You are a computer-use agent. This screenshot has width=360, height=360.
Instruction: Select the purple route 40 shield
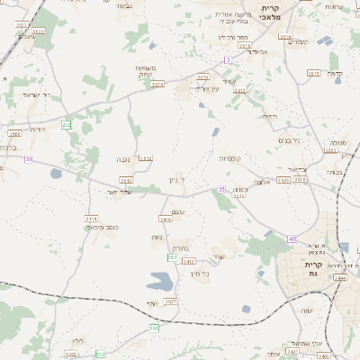coord(292,238)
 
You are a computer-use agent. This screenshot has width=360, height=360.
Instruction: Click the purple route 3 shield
coord(228,59)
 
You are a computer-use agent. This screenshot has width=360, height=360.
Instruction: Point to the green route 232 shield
coord(66,124)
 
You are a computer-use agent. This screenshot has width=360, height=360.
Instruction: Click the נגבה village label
coord(124,160)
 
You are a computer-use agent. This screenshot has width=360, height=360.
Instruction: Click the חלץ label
coord(77,341)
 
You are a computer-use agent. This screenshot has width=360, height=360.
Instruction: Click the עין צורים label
coord(208,88)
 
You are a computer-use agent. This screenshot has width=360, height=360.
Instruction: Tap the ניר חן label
coord(200,273)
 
